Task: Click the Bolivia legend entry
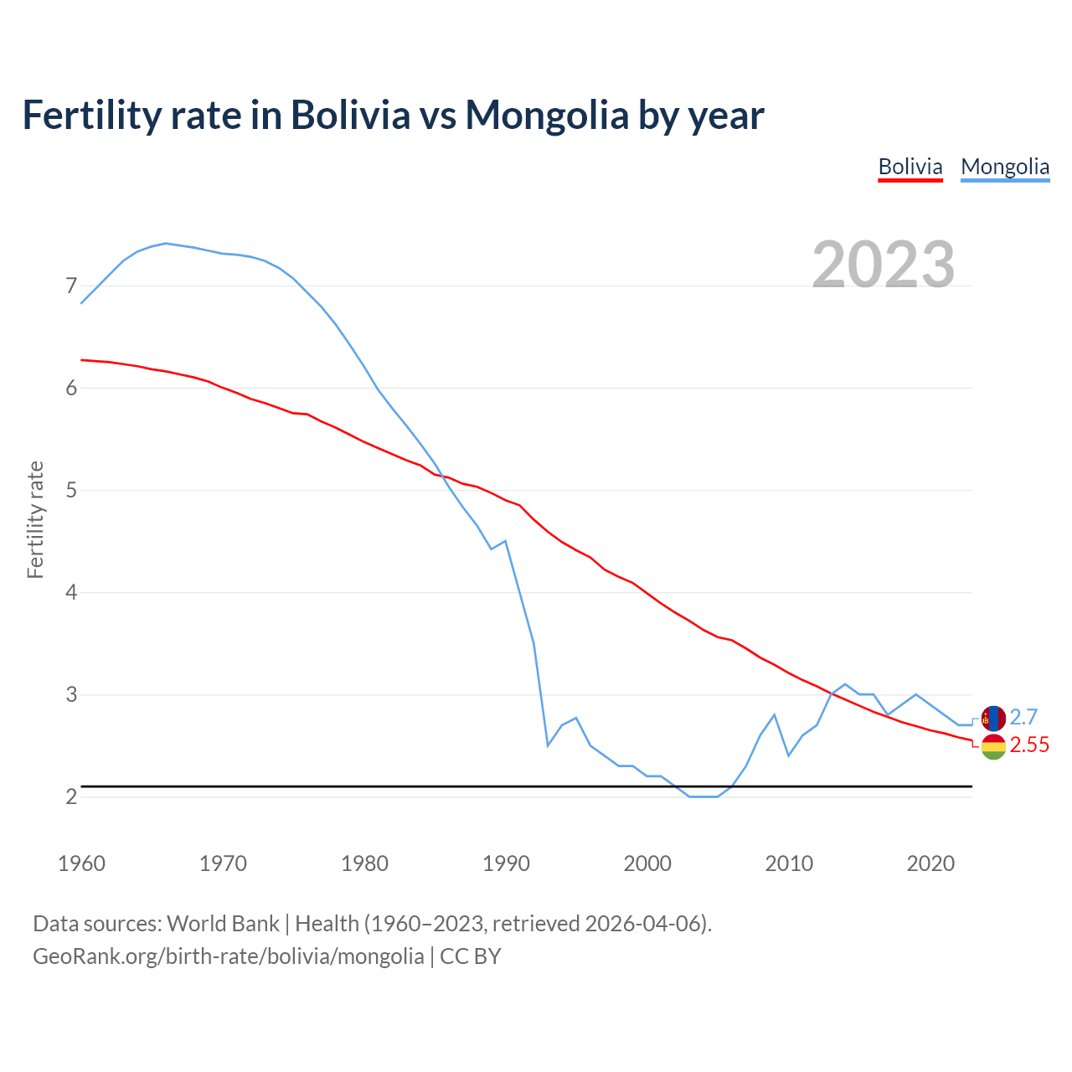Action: coord(910,167)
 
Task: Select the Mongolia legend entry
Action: coord(1005,167)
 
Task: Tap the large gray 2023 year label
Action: coord(884,265)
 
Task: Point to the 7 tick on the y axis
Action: coord(71,286)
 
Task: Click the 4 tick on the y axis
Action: coord(71,593)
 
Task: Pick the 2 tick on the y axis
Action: coord(71,797)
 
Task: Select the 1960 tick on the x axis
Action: coord(81,863)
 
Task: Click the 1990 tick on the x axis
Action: coord(506,863)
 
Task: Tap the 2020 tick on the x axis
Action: coord(930,863)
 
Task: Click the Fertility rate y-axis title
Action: coord(35,519)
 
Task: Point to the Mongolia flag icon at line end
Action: coord(993,718)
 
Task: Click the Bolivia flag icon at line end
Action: coord(993,746)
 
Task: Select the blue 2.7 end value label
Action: coord(1023,718)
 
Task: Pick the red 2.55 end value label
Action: coord(1029,745)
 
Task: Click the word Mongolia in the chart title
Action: coord(547,115)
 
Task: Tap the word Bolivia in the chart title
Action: coord(350,115)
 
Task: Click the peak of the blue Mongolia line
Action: coord(166,243)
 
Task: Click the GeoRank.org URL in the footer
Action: coord(228,956)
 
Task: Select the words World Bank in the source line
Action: coord(223,924)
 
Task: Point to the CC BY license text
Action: coord(471,956)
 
